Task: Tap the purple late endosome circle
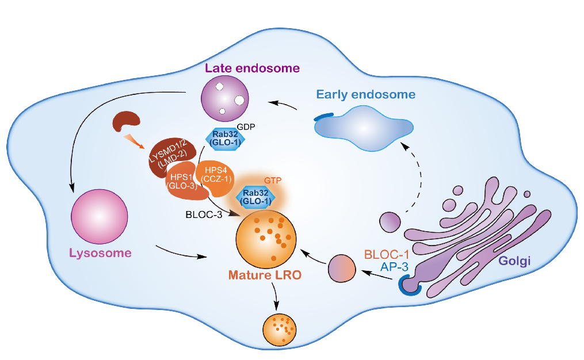[x=224, y=98]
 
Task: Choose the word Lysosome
[x=100, y=253]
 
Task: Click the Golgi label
[x=514, y=262]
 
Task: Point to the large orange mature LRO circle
[x=266, y=238]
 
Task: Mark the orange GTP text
[x=270, y=180]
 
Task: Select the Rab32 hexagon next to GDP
[x=222, y=139]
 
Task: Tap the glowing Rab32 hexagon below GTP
[x=257, y=197]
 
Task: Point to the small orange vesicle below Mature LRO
[x=279, y=330]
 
